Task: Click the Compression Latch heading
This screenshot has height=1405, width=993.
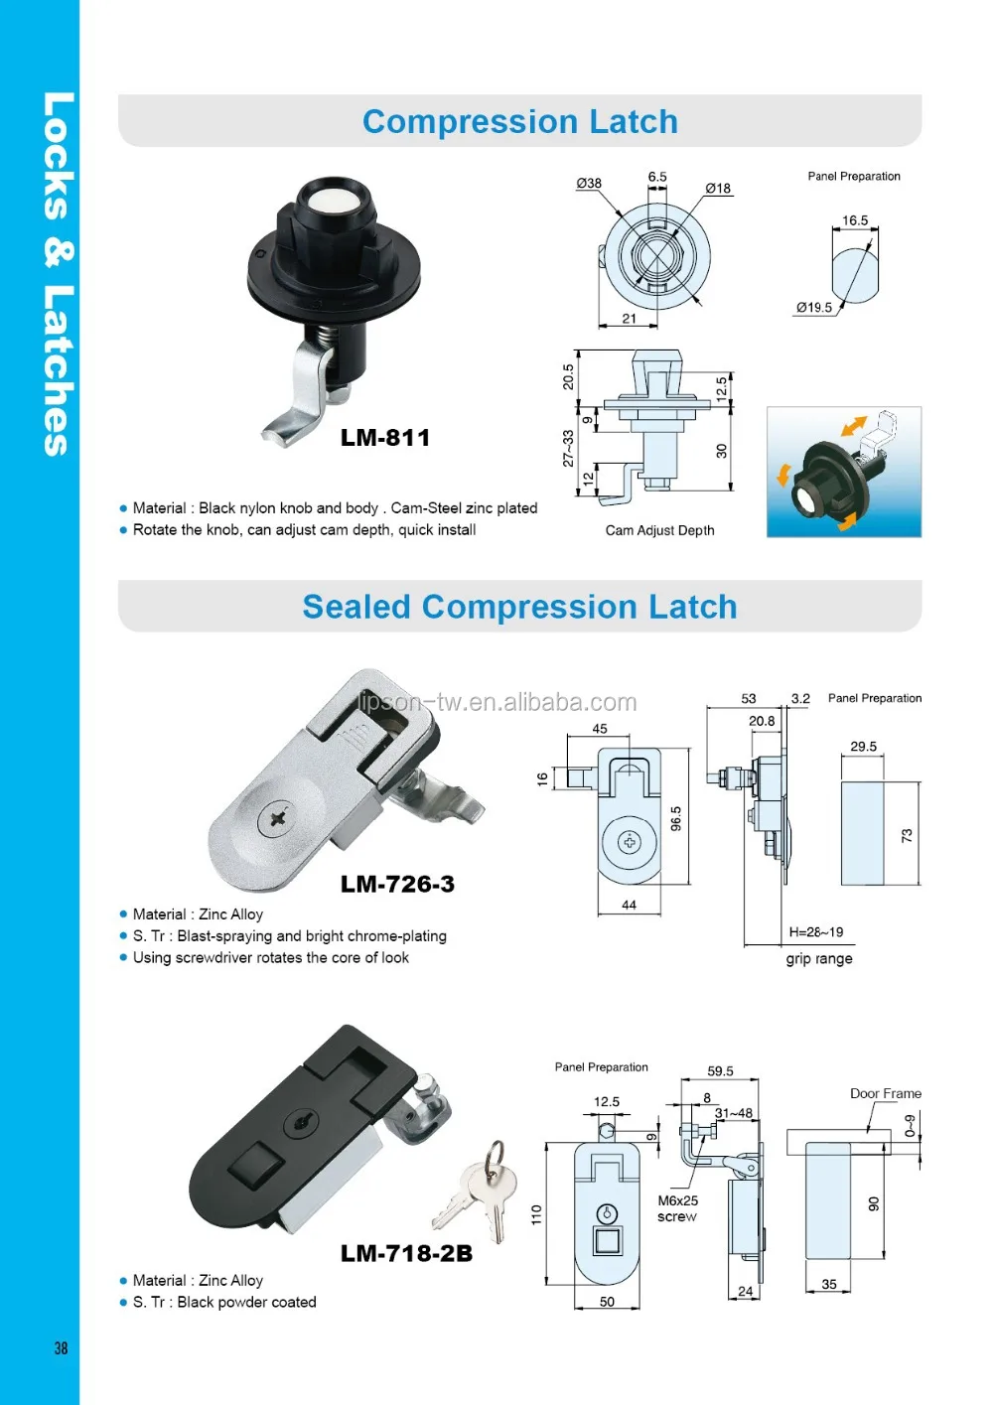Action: tap(519, 122)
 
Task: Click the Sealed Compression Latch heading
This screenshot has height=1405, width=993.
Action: tap(519, 607)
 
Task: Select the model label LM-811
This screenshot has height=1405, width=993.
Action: tap(385, 438)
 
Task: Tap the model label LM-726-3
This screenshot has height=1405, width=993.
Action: tap(397, 884)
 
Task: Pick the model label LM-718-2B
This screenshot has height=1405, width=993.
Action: tap(406, 1253)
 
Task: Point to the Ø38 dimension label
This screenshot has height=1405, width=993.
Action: tap(589, 183)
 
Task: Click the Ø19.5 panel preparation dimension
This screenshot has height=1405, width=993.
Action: tap(814, 308)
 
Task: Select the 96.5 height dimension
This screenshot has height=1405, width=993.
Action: tap(676, 819)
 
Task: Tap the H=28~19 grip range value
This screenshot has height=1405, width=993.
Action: tap(816, 932)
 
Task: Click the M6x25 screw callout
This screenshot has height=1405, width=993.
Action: tap(677, 1208)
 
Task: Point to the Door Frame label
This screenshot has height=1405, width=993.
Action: tap(886, 1093)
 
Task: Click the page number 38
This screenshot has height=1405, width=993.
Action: tap(62, 1347)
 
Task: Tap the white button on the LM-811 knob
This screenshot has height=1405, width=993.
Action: tap(326, 204)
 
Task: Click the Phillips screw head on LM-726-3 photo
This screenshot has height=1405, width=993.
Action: tap(276, 819)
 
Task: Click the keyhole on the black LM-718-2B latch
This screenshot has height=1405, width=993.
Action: tap(301, 1123)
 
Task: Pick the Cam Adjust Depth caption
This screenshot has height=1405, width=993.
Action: tap(660, 530)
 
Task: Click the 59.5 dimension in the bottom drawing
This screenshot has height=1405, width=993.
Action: tap(721, 1071)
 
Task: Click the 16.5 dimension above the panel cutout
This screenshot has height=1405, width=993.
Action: tap(855, 220)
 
